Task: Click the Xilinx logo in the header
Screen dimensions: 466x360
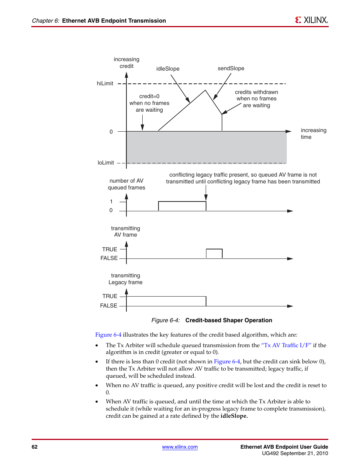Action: pos(311,20)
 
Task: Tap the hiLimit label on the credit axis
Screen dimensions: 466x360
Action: pos(105,83)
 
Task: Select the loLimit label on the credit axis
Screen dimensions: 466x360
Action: pos(106,163)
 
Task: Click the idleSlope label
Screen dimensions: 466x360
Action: pos(168,69)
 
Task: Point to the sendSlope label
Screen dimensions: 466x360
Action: pos(231,68)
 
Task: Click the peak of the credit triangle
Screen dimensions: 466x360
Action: pos(205,91)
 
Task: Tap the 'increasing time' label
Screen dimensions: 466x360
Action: pos(313,134)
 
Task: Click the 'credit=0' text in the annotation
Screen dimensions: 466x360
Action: pos(149,96)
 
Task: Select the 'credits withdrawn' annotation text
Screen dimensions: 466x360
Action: pos(256,92)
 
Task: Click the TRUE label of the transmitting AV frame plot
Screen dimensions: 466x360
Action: pos(109,249)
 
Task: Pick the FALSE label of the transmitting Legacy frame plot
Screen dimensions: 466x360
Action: pos(109,306)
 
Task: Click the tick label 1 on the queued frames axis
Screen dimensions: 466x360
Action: pos(111,201)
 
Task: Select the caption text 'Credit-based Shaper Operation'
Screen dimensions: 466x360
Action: pos(229,320)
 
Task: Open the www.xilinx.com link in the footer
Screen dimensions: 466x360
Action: pos(180,447)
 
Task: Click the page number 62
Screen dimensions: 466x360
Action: pos(35,447)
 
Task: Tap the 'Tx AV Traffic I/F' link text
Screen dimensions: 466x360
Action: pos(286,345)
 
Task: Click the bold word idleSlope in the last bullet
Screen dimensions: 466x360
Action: pos(234,416)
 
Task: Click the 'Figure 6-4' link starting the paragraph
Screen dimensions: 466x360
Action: pos(108,335)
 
